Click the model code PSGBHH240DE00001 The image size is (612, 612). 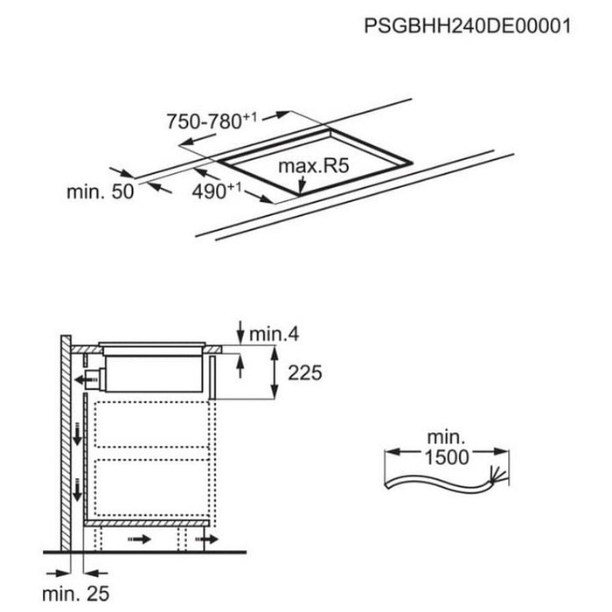(x=467, y=26)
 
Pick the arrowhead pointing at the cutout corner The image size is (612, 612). (x=301, y=187)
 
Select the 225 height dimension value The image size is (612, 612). (x=304, y=373)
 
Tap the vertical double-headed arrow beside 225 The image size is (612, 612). (x=277, y=373)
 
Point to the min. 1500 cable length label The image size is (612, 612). (x=447, y=447)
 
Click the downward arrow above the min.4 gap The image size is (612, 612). (x=239, y=330)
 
